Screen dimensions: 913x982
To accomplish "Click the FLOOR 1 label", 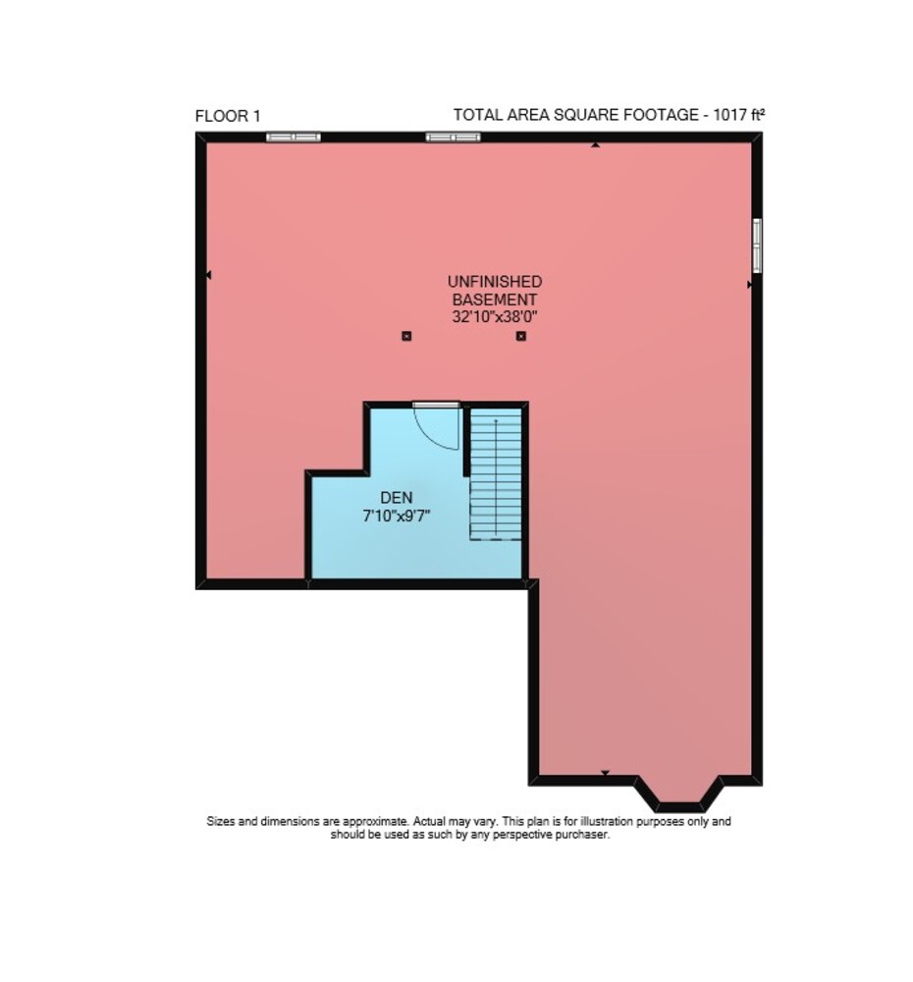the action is [x=228, y=116].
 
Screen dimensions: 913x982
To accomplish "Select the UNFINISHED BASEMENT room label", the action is [x=494, y=290].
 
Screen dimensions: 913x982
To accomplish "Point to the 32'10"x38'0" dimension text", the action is [x=494, y=316].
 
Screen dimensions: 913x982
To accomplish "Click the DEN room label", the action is [x=397, y=497].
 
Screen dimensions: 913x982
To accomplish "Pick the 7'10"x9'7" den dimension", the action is [x=397, y=517].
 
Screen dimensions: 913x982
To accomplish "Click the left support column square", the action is [x=406, y=336].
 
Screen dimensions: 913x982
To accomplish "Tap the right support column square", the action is [x=520, y=336].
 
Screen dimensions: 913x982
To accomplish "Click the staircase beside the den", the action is [x=496, y=473].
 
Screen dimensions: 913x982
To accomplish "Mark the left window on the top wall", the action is [x=294, y=137].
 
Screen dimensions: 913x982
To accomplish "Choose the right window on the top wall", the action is [x=453, y=137].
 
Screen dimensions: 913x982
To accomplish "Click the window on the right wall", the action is [x=757, y=245].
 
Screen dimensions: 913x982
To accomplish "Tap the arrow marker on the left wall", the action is [x=208, y=275].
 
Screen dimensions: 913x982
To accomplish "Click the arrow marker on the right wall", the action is [x=750, y=285].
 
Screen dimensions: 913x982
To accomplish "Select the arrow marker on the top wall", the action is [x=596, y=145].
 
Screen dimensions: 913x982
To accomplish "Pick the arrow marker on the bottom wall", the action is [x=605, y=773].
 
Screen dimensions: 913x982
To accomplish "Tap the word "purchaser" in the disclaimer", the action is [x=582, y=835].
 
